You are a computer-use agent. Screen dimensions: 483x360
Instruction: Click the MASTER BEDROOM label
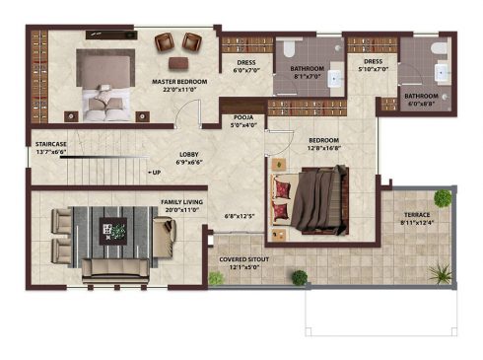179,82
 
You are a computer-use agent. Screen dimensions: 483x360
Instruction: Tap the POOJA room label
243,117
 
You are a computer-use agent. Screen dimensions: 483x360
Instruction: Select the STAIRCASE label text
51,144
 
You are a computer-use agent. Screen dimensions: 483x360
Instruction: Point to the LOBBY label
189,154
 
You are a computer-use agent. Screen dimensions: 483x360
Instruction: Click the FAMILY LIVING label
181,202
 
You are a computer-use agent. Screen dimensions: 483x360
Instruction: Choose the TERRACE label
417,215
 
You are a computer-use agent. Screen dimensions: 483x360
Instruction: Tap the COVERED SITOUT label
244,259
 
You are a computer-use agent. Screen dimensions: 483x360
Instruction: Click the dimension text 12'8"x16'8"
324,148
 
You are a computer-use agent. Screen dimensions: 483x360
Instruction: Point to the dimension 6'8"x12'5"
240,216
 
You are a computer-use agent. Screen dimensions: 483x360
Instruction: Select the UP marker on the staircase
155,173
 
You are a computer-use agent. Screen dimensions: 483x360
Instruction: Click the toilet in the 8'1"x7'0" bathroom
289,47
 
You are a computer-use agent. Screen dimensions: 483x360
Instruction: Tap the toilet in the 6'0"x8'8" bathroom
439,48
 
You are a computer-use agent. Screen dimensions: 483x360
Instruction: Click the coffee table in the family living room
113,231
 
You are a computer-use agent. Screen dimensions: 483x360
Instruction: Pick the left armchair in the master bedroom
164,41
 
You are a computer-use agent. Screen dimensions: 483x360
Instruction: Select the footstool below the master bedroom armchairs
178,63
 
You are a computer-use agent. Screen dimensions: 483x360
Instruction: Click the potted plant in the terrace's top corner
443,198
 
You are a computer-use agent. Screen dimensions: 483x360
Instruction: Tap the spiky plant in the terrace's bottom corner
440,273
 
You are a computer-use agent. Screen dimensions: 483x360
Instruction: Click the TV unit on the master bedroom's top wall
111,35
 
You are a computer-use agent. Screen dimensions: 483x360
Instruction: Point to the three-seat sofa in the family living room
115,270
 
